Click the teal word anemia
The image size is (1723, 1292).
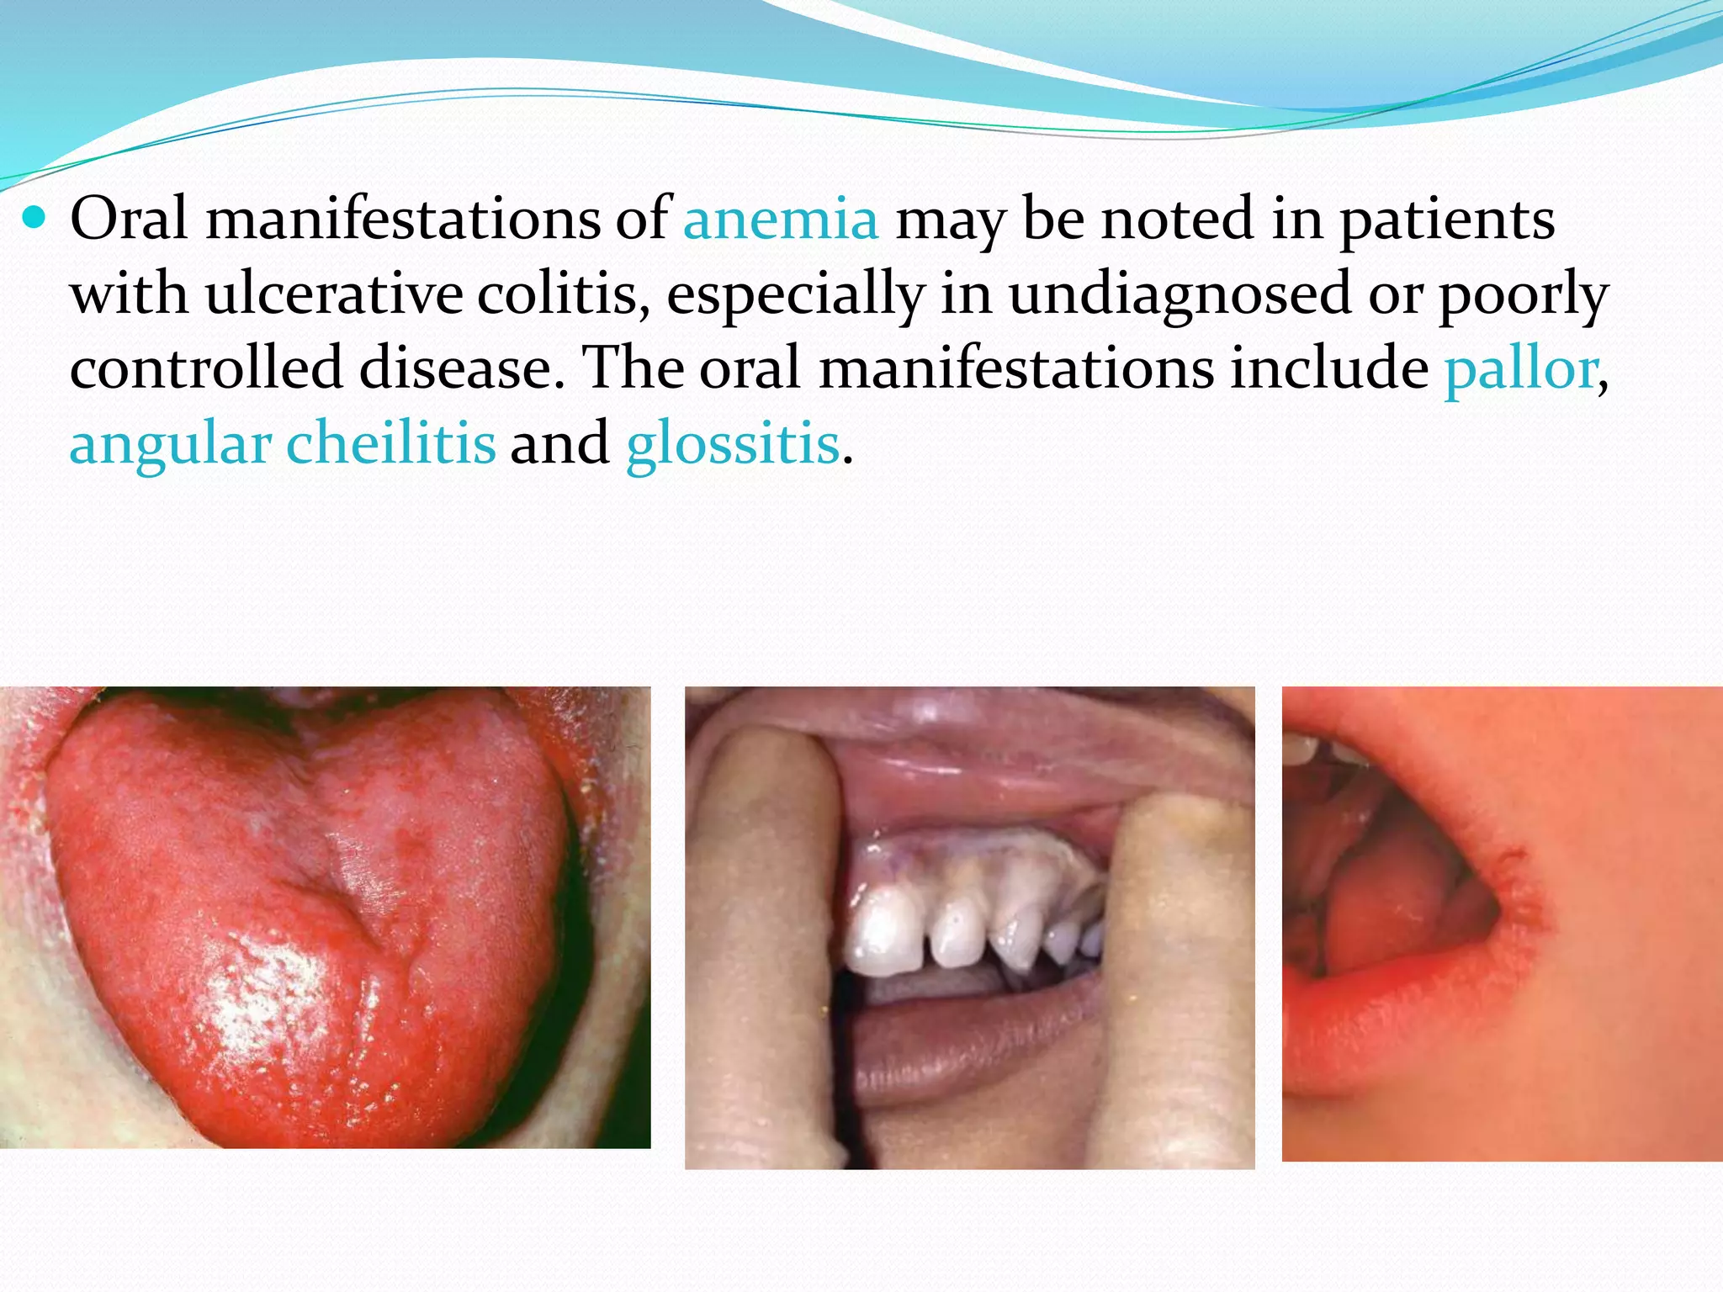click(781, 220)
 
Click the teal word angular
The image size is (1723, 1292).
click(170, 446)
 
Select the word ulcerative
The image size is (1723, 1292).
click(333, 294)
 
